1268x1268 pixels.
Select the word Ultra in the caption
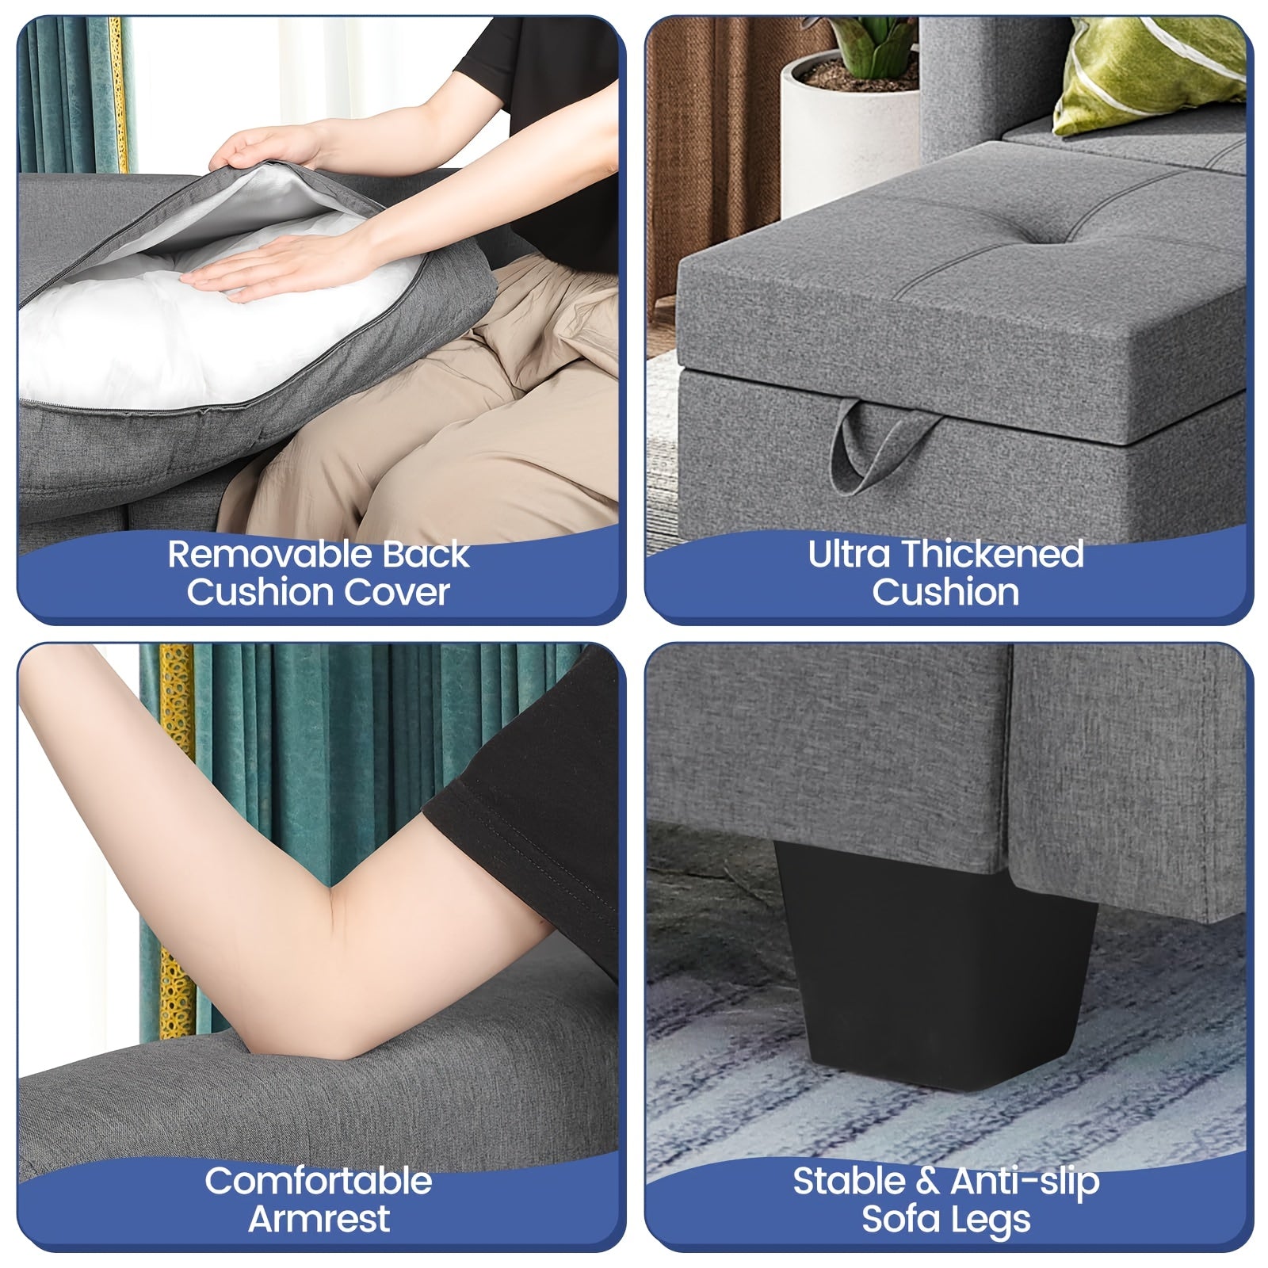point(847,554)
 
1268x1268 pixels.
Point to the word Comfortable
point(319,1181)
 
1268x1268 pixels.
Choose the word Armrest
point(319,1219)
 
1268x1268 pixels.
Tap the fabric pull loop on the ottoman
point(882,445)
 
